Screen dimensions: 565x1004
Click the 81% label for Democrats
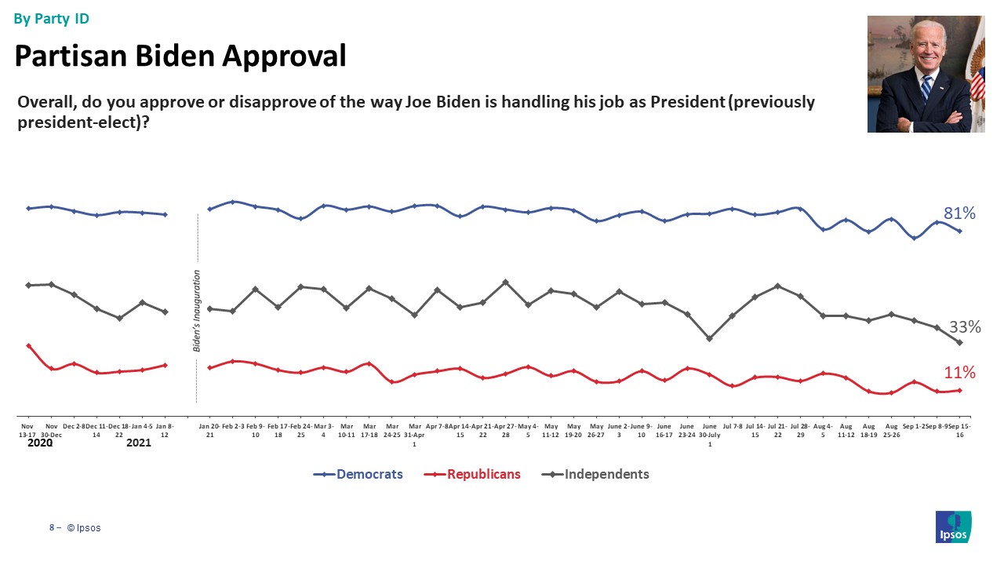(x=959, y=213)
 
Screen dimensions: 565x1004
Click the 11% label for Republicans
(x=959, y=372)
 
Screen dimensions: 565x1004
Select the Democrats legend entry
(x=369, y=474)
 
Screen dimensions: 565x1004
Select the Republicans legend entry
(x=482, y=474)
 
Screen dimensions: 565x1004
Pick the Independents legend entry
(x=606, y=474)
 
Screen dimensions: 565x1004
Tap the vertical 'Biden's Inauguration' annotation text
(x=197, y=310)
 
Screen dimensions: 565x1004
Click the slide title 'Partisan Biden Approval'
(x=180, y=56)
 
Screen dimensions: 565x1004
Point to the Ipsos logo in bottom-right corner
(x=953, y=526)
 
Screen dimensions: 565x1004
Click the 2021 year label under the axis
(x=138, y=443)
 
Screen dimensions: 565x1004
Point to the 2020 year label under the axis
(x=40, y=443)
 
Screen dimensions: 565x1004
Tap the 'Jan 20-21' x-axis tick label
(x=209, y=429)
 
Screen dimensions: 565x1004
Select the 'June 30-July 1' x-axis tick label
(x=710, y=433)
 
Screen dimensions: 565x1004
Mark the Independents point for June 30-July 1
(x=709, y=339)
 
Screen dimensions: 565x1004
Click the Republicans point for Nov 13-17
(x=28, y=345)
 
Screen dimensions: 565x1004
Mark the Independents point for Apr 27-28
(x=505, y=282)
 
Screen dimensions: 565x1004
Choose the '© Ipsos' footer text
(x=84, y=528)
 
